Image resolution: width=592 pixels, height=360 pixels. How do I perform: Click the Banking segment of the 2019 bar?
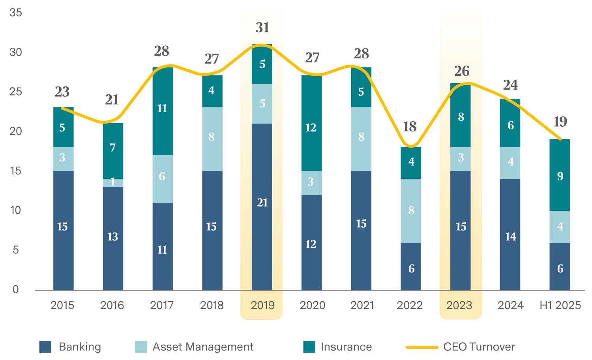262,207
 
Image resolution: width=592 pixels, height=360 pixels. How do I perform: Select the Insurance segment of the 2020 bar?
311,123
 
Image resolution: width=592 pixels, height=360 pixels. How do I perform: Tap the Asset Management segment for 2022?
411,211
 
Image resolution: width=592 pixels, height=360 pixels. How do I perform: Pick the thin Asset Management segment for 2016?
113,183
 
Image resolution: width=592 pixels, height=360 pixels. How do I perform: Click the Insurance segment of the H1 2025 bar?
560,175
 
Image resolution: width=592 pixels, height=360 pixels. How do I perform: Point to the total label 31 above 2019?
262,28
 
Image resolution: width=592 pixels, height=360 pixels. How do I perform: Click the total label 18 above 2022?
410,127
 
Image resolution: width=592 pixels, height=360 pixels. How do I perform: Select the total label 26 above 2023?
462,71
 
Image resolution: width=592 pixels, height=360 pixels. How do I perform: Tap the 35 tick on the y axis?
16,12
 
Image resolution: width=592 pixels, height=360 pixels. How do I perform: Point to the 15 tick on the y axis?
16,171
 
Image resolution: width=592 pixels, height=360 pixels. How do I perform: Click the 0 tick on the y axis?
16,289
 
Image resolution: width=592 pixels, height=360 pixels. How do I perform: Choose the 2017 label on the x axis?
162,305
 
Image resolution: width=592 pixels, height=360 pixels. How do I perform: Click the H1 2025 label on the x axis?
560,305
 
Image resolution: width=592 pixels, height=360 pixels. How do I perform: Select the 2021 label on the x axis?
362,305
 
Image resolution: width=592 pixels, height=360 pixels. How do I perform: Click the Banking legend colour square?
45,347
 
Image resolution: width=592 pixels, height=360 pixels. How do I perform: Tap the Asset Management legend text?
203,347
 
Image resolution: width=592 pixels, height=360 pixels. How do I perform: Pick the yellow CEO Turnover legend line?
422,347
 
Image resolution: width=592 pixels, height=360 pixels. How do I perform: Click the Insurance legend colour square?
309,347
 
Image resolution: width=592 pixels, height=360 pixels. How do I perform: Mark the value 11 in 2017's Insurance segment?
162,109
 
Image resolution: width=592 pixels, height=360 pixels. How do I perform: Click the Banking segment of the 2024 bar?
510,234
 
